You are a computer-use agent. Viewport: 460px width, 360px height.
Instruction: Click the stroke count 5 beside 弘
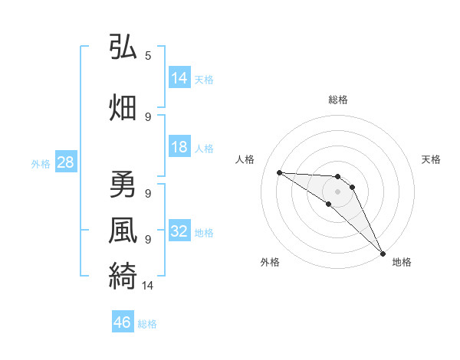coord(148,56)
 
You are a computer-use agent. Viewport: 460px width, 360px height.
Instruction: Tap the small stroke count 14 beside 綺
coord(148,286)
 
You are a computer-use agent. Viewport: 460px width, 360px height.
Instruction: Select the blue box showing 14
coord(179,78)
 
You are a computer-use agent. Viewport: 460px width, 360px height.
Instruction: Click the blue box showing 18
coord(179,148)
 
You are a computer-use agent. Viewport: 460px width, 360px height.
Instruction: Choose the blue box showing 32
coord(179,232)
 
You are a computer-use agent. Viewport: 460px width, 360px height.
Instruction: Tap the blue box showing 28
coord(65,162)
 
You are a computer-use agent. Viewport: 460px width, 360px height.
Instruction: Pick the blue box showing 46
coord(123,323)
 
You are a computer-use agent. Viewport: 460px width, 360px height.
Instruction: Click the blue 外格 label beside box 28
coord(41,163)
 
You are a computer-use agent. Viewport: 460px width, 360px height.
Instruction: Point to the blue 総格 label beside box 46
coord(148,324)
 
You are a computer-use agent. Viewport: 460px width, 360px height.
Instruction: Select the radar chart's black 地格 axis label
coord(402,263)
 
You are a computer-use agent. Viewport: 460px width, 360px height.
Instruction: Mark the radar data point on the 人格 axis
coord(279,172)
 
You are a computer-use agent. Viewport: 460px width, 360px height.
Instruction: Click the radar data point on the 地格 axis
coord(383,253)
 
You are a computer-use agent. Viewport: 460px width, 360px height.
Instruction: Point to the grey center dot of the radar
coord(337,191)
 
